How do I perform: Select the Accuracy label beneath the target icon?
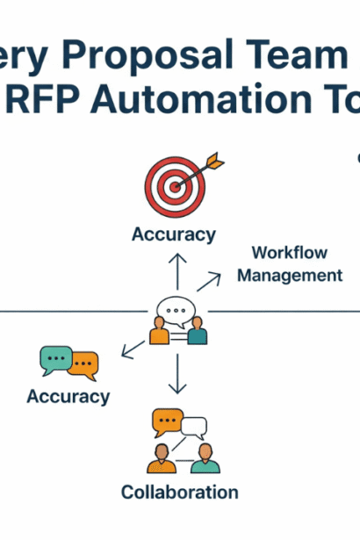[174, 234]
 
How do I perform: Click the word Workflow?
[289, 253]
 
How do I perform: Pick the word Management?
[290, 275]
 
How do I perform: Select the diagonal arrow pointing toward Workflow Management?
[209, 281]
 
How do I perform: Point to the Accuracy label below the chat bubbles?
[68, 396]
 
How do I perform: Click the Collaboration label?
[179, 492]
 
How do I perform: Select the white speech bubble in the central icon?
[173, 311]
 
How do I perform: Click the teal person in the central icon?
[198, 334]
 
